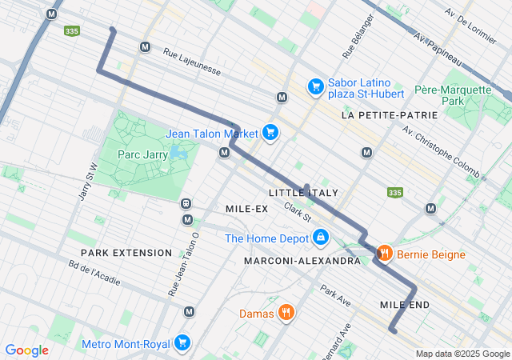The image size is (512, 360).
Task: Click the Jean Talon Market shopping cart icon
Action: (270, 133)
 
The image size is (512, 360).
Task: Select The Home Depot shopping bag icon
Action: (321, 238)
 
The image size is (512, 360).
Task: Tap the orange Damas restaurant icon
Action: (286, 313)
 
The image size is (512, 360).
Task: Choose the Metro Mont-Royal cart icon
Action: (183, 344)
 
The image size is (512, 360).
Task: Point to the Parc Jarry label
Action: (142, 154)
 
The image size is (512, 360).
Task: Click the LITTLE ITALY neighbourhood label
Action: (303, 193)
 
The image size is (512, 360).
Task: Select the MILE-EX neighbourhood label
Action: (246, 209)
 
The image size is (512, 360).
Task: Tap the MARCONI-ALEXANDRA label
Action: (302, 261)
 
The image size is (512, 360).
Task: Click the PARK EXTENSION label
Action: (126, 253)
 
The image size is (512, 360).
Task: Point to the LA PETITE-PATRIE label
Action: (390, 115)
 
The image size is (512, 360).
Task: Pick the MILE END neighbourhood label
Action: (405, 305)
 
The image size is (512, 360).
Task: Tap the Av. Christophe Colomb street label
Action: (441, 151)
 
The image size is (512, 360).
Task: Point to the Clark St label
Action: (297, 213)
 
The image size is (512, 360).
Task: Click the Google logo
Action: (26, 350)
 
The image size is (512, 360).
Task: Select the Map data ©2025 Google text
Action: (462, 354)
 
